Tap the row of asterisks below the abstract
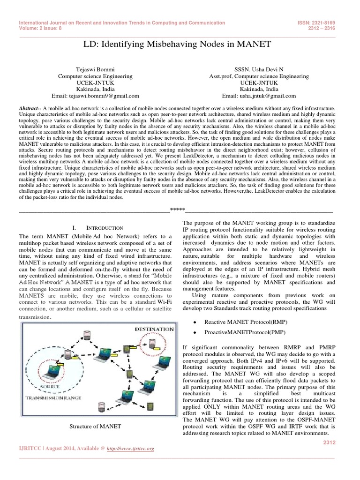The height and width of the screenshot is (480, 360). pos(178,209)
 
